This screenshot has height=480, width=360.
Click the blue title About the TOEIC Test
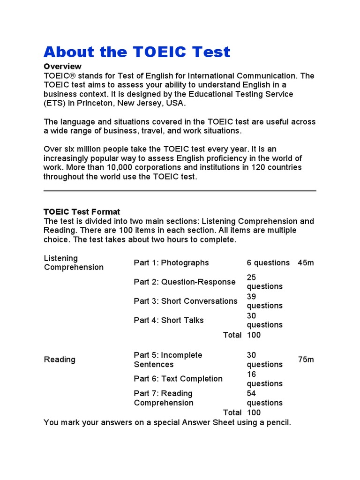pos(137,52)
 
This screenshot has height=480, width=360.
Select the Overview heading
pos(62,67)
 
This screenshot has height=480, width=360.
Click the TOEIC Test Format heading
pos(82,212)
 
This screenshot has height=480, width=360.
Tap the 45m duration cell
pos(306,263)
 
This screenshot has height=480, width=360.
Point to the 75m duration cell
pos(306,360)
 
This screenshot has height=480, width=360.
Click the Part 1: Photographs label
pos(171,263)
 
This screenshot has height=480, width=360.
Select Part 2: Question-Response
pos(185,282)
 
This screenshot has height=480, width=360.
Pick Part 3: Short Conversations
pos(186,301)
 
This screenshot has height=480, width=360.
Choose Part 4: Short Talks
pos(169,321)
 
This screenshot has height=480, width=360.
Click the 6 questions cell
pos(268,263)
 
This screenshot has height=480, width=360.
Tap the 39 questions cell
pos(265,301)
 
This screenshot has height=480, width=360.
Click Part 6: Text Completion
pos(178,379)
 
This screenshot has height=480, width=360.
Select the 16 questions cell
pos(265,379)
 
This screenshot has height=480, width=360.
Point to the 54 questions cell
pos(265,398)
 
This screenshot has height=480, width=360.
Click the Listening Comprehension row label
pos(74,263)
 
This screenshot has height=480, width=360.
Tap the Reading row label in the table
pos(60,360)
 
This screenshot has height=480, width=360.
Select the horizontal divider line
pos(180,191)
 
